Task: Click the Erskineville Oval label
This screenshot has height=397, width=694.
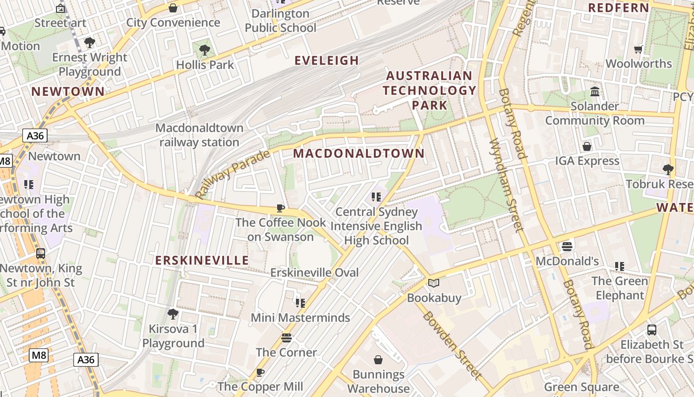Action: (314, 272)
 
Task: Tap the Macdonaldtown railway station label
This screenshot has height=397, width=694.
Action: (199, 135)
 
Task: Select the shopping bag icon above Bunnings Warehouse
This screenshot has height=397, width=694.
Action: (378, 360)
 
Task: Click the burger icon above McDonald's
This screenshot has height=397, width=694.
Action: (567, 247)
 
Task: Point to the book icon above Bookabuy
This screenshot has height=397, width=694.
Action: (434, 283)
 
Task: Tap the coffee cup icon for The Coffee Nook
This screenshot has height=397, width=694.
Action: (281, 208)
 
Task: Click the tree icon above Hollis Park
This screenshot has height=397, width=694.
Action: (204, 50)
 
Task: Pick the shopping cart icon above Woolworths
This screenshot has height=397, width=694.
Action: (638, 49)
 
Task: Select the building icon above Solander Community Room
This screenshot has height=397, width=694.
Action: (595, 92)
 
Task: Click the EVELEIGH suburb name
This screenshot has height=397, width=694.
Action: (327, 61)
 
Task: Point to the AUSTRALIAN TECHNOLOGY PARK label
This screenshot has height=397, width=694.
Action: (429, 90)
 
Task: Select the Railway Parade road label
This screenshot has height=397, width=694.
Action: (233, 174)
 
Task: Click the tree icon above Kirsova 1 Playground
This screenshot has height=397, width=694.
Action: (173, 314)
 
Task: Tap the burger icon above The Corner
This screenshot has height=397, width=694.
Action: (287, 338)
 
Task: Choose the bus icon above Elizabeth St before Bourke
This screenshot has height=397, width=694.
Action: (652, 330)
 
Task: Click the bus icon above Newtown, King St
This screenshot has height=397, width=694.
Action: (41, 254)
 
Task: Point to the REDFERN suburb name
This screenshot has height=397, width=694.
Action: (618, 7)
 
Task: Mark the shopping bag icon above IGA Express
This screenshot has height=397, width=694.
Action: (587, 146)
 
